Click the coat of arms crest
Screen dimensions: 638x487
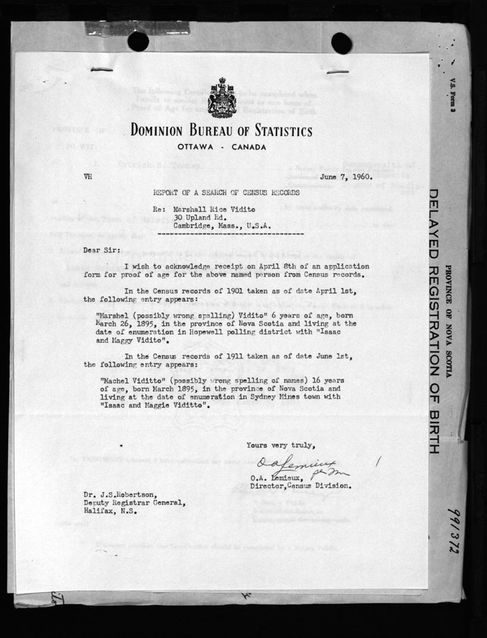pyautogui.click(x=221, y=97)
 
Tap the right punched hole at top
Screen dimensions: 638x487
pyautogui.click(x=341, y=42)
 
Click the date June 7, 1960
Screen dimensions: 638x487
pyautogui.click(x=346, y=177)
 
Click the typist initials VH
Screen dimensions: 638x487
pyautogui.click(x=88, y=177)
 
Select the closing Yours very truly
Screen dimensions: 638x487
pyautogui.click(x=280, y=444)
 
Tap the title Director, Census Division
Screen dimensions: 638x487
pyautogui.click(x=301, y=486)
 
